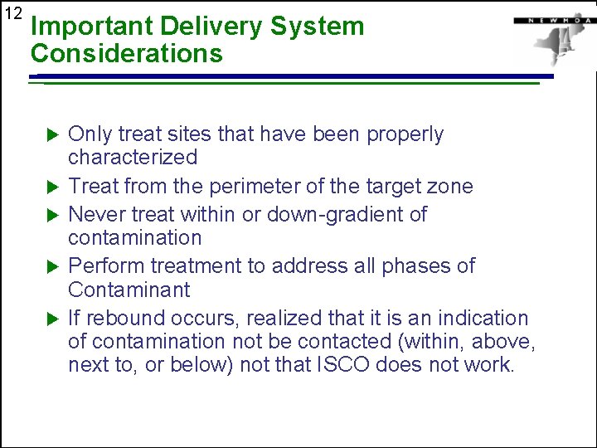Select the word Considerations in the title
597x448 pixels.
pyautogui.click(x=126, y=54)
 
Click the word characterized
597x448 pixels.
pyautogui.click(x=133, y=158)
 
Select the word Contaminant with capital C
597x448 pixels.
pyautogui.click(x=129, y=290)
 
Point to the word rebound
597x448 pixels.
pyautogui.click(x=126, y=319)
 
